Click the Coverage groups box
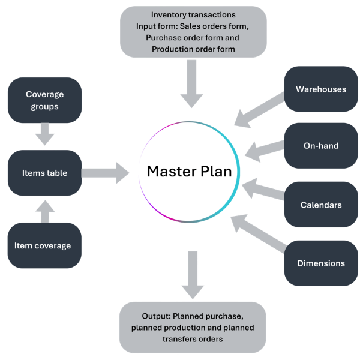44,100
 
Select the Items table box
44,173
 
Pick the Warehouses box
321,89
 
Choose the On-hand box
321,146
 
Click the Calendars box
321,205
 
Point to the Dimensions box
321,263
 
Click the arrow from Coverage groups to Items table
45,134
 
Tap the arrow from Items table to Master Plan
106,173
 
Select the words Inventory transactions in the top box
193,14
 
